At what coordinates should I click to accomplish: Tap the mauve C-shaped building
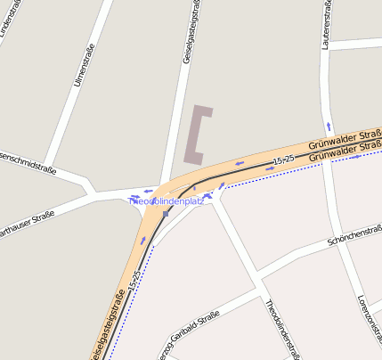pyautogui.click(x=197, y=135)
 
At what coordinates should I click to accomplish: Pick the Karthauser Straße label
pyautogui.click(x=27, y=220)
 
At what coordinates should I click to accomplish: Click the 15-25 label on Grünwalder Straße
pyautogui.click(x=283, y=159)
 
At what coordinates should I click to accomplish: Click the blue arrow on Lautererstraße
pyautogui.click(x=329, y=127)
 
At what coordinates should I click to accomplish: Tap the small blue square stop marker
pyautogui.click(x=167, y=214)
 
